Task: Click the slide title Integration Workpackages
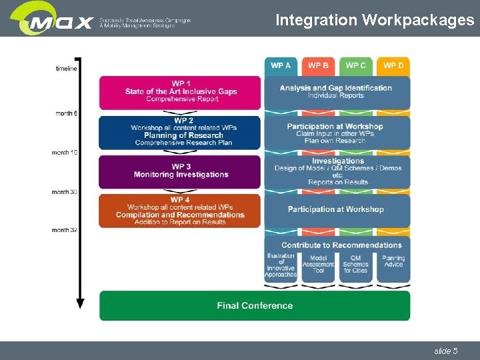pos(375,20)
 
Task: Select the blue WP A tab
pos(281,65)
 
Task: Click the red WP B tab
pos(318,65)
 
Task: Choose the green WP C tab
pos(355,65)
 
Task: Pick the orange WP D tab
pos(393,65)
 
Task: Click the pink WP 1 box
pos(180,92)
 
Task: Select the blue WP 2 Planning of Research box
pos(180,131)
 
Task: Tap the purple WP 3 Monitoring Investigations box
pos(180,171)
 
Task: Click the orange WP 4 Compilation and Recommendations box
pos(180,211)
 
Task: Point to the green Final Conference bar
pos(255,305)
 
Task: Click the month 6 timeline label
pos(66,113)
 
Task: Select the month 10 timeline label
pos(65,153)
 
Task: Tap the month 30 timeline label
pos(65,192)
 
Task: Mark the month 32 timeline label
pos(65,231)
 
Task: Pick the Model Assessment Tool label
pos(318,264)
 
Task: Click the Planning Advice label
pos(393,261)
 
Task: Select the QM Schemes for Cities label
pos(355,264)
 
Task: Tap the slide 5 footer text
pos(445,351)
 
